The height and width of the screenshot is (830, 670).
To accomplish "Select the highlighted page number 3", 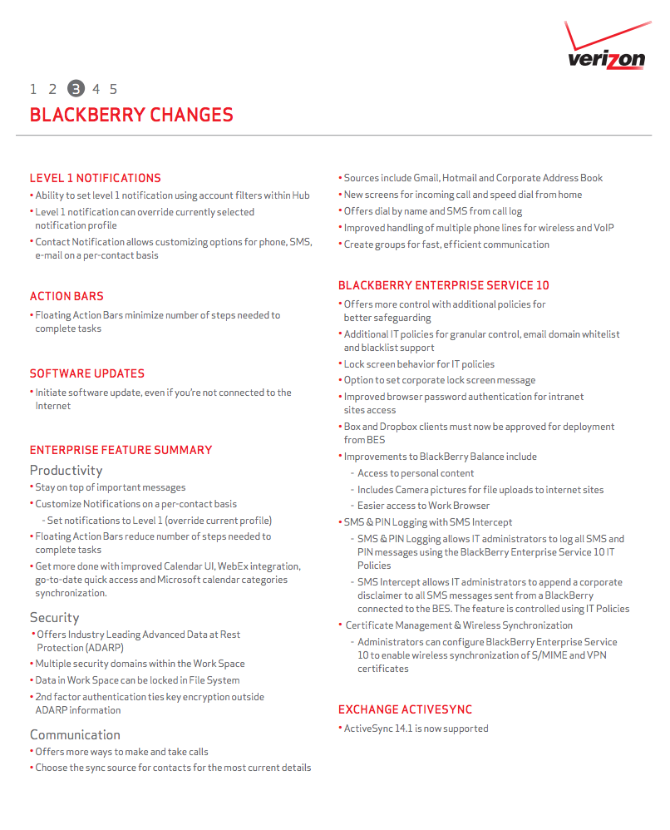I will [x=76, y=89].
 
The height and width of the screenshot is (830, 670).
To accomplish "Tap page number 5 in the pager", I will [x=113, y=89].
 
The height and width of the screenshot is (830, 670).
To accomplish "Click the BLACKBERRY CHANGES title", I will [x=131, y=115].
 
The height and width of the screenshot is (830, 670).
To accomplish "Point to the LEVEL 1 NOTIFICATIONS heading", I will [x=95, y=178].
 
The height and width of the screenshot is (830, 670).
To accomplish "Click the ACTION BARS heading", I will [x=67, y=296].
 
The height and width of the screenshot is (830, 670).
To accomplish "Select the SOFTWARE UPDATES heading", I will [x=87, y=373].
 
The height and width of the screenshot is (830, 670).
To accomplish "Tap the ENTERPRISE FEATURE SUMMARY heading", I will [x=121, y=450].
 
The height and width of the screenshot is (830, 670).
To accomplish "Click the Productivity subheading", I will [x=66, y=471].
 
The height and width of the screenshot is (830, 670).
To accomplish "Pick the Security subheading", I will [x=54, y=617].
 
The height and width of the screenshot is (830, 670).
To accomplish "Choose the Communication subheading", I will [x=75, y=734].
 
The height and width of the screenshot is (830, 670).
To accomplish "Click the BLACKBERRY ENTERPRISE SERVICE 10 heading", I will [x=443, y=285].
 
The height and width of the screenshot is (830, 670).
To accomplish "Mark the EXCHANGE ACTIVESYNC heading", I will [x=405, y=709].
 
